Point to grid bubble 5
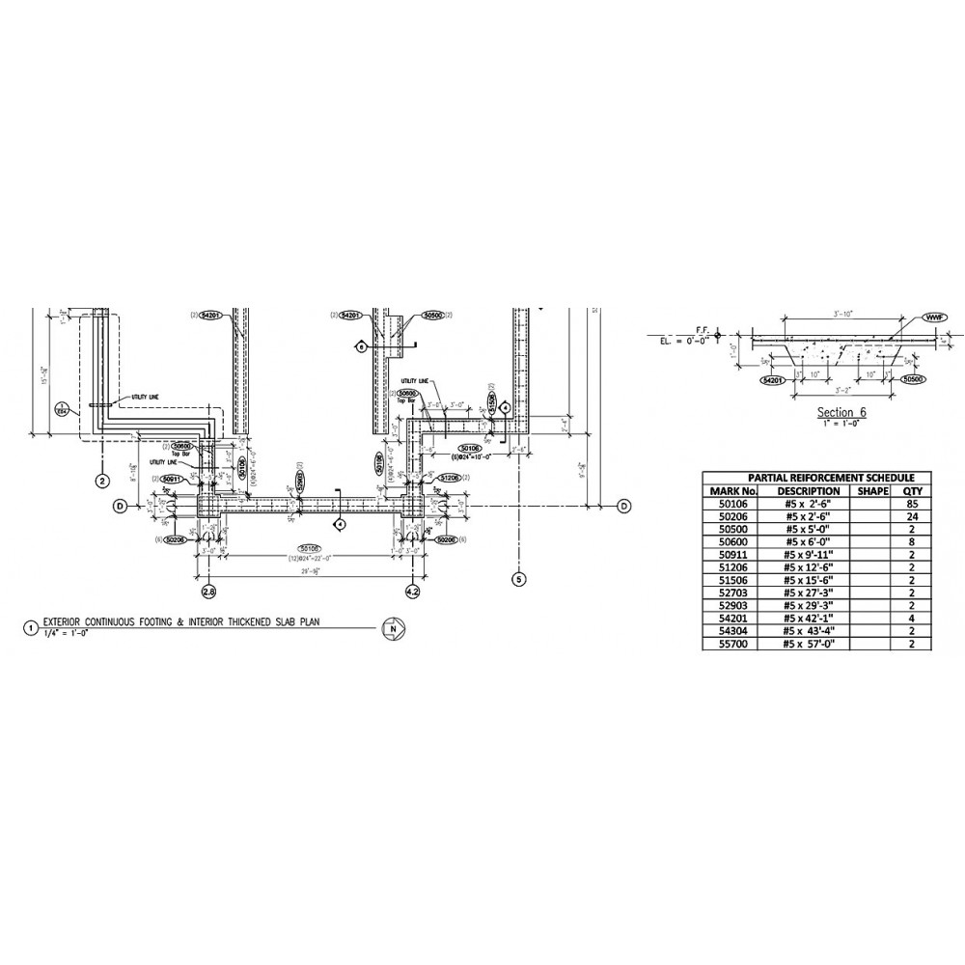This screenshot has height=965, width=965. (x=519, y=579)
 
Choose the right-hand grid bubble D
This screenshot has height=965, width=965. (x=623, y=506)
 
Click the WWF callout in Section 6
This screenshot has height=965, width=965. (x=933, y=317)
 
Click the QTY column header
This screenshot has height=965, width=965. (x=906, y=490)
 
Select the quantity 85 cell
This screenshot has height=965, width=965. (x=906, y=503)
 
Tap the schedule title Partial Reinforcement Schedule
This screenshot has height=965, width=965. (x=813, y=478)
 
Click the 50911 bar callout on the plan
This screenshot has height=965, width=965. (x=172, y=479)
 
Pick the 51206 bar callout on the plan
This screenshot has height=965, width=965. (x=449, y=479)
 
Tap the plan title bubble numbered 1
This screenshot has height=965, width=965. (x=32, y=628)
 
